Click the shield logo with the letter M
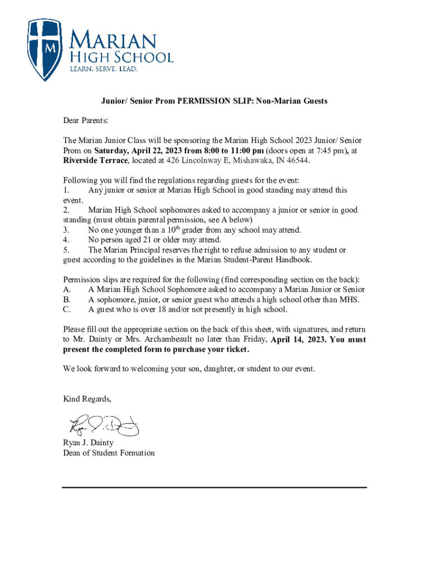tap(45, 49)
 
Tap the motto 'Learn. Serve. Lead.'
tap(103, 69)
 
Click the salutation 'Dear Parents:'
tap(85, 120)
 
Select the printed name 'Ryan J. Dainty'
tap(89, 443)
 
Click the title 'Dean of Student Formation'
tap(109, 453)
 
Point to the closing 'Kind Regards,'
tap(87, 399)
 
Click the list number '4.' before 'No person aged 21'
tap(66, 240)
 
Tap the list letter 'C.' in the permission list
tap(67, 309)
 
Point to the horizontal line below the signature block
tap(214, 488)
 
